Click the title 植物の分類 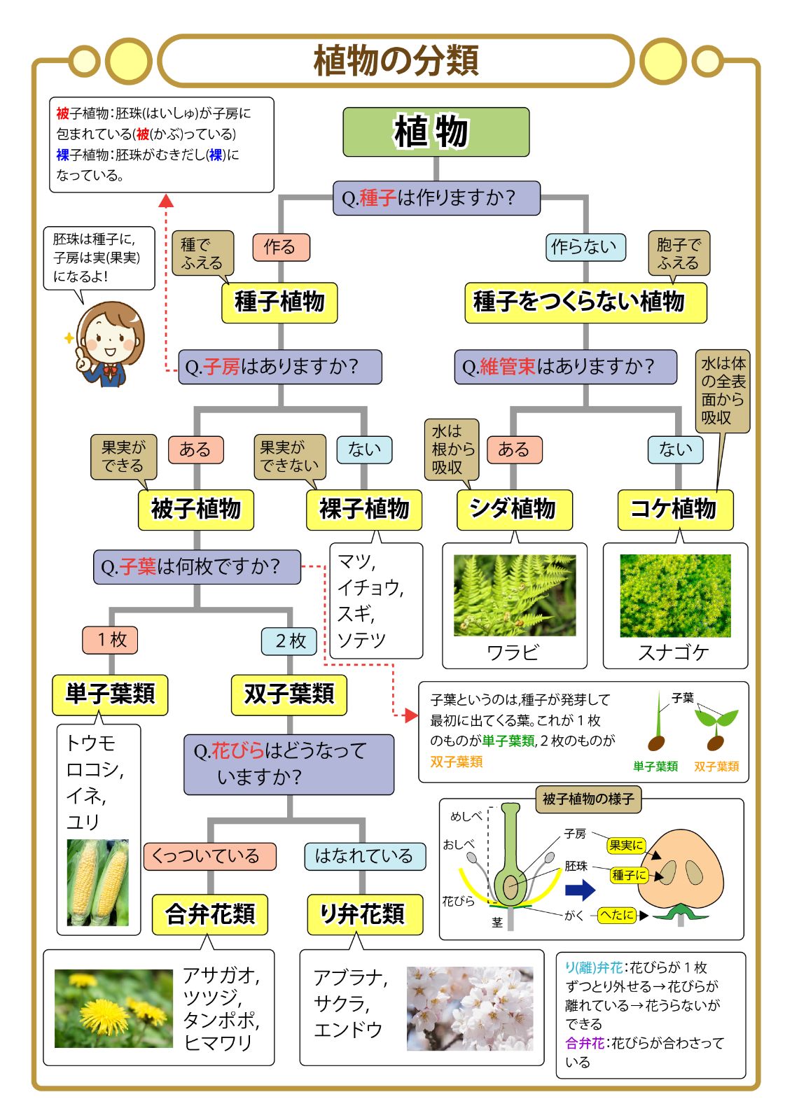pyautogui.click(x=396, y=61)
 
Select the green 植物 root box pyautogui.click(x=436, y=132)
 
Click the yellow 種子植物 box pyautogui.click(x=279, y=302)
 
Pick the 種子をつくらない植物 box pyautogui.click(x=585, y=302)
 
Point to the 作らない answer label pyautogui.click(x=585, y=247)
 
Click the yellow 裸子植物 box pyautogui.click(x=363, y=509)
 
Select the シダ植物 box pyautogui.click(x=514, y=509)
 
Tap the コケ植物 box pyautogui.click(x=675, y=509)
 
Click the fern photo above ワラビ pyautogui.click(x=515, y=596)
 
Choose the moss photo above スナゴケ pyautogui.click(x=675, y=596)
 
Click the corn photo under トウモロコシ pyautogui.click(x=98, y=882)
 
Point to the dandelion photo pyautogui.click(x=113, y=1008)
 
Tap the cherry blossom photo pyautogui.click(x=469, y=1009)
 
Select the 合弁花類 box pyautogui.click(x=210, y=914)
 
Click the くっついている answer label pyautogui.click(x=209, y=856)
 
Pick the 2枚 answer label pyautogui.click(x=289, y=640)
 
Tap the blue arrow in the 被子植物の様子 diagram pyautogui.click(x=580, y=890)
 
